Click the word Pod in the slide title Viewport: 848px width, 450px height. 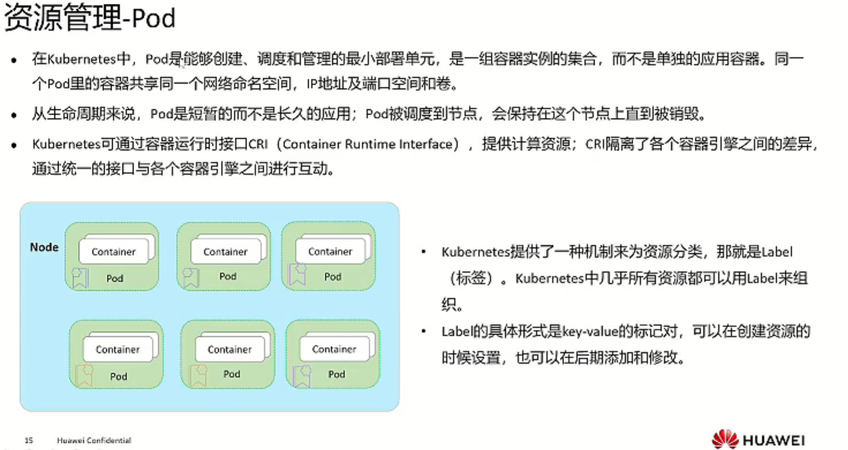point(153,18)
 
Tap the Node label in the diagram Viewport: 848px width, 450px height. point(44,247)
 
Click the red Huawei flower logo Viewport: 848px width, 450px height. point(725,439)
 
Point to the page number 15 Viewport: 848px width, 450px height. point(29,440)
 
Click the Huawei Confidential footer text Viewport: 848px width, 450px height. point(94,440)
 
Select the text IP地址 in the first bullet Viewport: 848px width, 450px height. point(327,83)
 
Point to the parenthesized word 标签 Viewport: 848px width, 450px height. point(471,278)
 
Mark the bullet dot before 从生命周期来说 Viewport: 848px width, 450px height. point(14,115)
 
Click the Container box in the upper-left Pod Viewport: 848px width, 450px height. point(113,252)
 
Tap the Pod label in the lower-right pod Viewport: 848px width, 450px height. point(336,374)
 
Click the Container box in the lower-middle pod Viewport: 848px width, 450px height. point(229,349)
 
